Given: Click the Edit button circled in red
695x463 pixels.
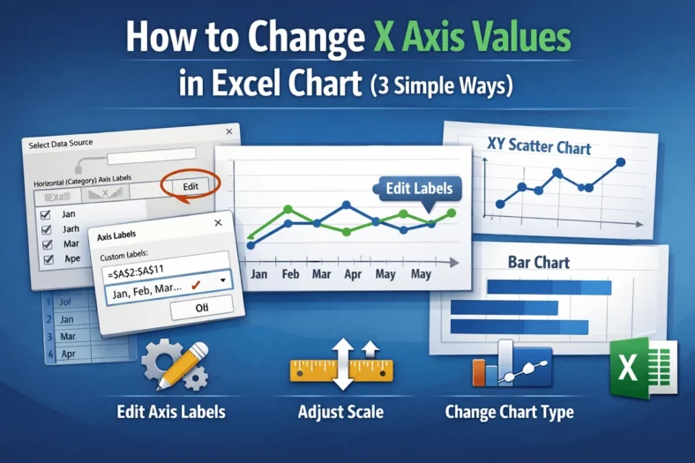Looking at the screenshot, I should (191, 186).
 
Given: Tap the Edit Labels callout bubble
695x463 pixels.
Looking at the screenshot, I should (420, 188).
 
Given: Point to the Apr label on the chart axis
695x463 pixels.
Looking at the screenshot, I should (352, 274).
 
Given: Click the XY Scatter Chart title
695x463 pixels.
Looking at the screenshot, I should (539, 146).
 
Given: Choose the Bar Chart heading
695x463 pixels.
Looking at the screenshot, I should (538, 262).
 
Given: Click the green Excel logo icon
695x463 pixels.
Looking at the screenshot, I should (643, 365).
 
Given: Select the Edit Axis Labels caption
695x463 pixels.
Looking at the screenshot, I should (170, 411).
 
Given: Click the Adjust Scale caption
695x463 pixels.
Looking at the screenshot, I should (340, 411).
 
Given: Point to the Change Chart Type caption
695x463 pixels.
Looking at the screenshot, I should (509, 411).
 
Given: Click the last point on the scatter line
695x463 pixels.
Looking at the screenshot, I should (619, 162).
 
